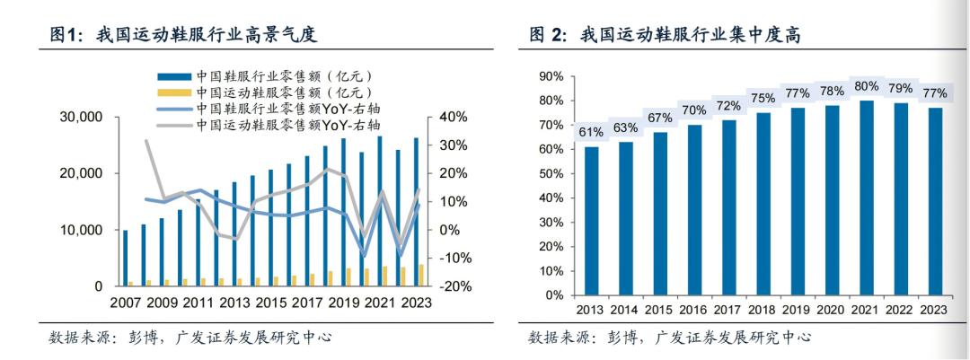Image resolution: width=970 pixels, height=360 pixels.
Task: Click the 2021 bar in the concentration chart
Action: [x=866, y=198]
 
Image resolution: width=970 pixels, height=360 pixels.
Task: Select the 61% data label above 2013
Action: [x=591, y=132]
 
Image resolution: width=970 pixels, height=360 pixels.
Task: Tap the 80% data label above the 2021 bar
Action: [x=866, y=86]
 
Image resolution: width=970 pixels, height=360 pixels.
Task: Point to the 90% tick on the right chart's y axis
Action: [x=549, y=76]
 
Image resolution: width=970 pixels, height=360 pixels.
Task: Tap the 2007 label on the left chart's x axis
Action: [x=127, y=303]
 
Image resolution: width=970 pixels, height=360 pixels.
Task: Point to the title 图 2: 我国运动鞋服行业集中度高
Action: [x=666, y=35]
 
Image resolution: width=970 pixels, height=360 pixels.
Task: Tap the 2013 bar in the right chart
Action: [x=591, y=221]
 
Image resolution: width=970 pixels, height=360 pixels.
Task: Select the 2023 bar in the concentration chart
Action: [x=934, y=201]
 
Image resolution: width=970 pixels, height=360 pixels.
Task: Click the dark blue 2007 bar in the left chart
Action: [x=126, y=258]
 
